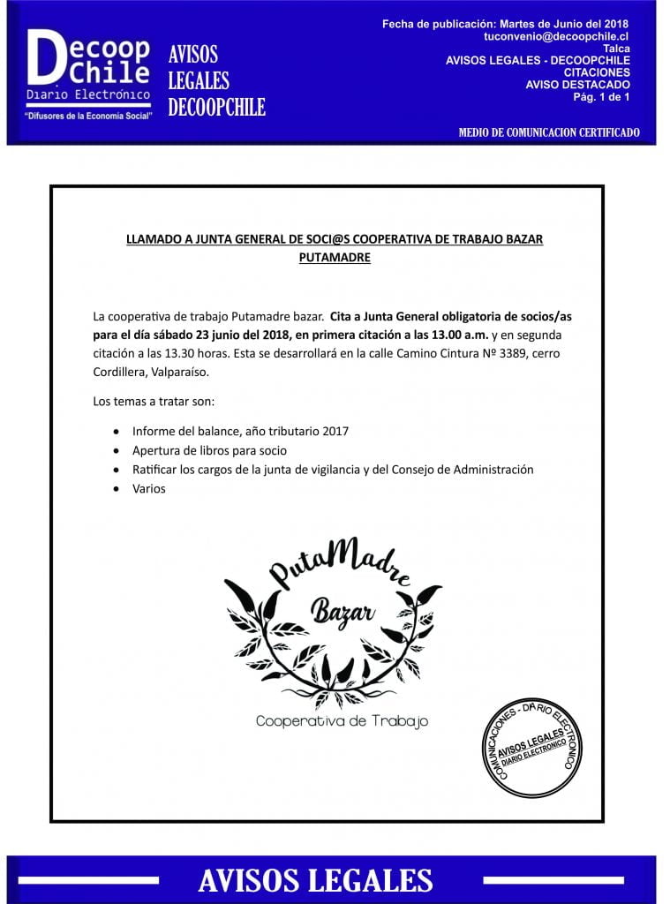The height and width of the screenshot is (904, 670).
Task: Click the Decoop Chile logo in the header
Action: [x=87, y=66]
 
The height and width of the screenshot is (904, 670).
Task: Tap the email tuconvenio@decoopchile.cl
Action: [x=556, y=36]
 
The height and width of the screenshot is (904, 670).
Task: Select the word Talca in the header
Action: [x=615, y=49]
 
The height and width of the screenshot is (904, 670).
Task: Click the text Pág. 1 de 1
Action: [x=601, y=97]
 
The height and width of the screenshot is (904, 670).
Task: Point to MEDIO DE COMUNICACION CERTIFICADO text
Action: [x=549, y=133]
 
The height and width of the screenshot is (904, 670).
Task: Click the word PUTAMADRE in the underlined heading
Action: [x=335, y=258]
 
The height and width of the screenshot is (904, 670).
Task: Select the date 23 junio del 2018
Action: [x=236, y=335]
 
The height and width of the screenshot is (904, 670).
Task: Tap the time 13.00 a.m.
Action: [x=455, y=335]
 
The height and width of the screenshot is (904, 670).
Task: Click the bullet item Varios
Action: [x=148, y=488]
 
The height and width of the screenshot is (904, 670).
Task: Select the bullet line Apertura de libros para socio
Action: [x=209, y=450]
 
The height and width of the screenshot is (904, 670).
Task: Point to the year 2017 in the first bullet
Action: [x=335, y=431]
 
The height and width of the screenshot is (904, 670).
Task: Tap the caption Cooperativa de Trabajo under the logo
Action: [x=342, y=721]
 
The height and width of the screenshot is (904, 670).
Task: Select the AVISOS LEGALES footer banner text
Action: [x=315, y=880]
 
